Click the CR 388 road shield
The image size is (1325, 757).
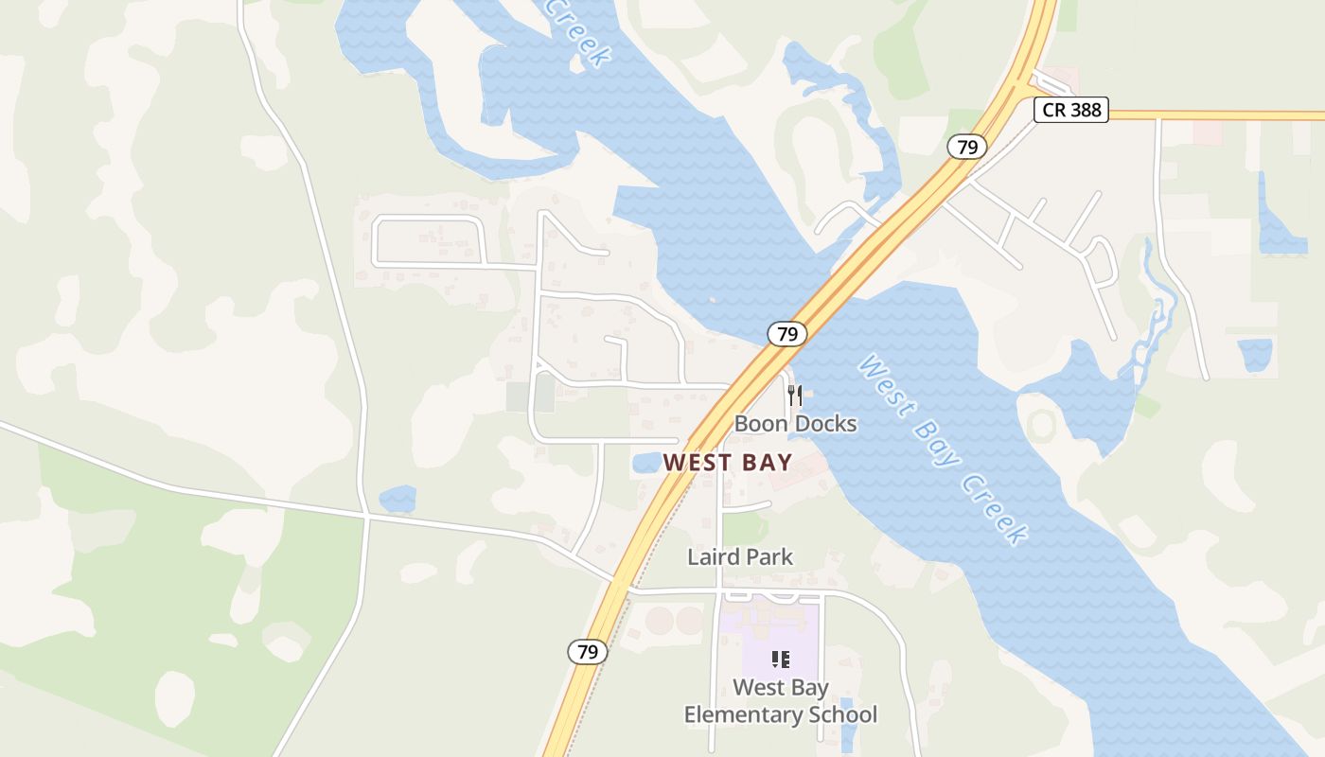coord(1071,110)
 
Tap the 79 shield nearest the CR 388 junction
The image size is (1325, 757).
coord(966,147)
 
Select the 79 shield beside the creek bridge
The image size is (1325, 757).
coord(786,333)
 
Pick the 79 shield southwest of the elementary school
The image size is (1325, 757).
coord(588,652)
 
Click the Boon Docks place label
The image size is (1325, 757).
coord(795,424)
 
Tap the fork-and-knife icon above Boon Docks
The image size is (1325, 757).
coord(795,395)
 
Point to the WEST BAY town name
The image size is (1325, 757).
coord(728,463)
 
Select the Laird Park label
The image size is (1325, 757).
coord(740,556)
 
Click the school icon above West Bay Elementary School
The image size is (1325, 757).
coord(781,660)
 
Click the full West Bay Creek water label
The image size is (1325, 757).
coord(943,449)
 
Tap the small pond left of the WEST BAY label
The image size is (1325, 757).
coord(646,463)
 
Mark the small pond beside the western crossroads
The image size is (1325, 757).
coord(397,499)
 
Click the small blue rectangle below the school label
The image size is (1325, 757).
coord(848,725)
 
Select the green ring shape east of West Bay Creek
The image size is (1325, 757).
coord(1042,425)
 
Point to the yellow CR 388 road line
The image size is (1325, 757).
coord(1221,115)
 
